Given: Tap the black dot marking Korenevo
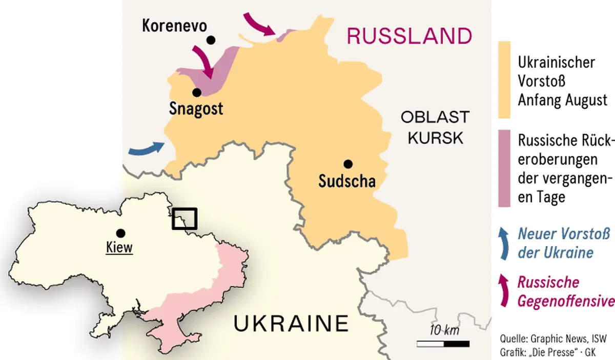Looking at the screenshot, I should (210, 40).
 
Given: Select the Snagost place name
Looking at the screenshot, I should (196, 109).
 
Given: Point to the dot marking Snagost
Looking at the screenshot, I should (196, 93).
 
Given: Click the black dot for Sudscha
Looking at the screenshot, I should (348, 164).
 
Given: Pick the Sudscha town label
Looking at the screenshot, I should (347, 181).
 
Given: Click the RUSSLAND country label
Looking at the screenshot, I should (409, 36).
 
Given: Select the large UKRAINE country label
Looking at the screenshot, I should (291, 324).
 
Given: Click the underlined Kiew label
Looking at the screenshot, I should (119, 247).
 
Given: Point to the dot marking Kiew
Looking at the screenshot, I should (120, 232).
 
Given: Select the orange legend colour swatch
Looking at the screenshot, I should (504, 79).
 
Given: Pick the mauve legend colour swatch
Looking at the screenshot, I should (504, 168).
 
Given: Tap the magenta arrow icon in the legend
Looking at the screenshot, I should (504, 291).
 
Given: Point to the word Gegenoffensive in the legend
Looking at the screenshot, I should (566, 300).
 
